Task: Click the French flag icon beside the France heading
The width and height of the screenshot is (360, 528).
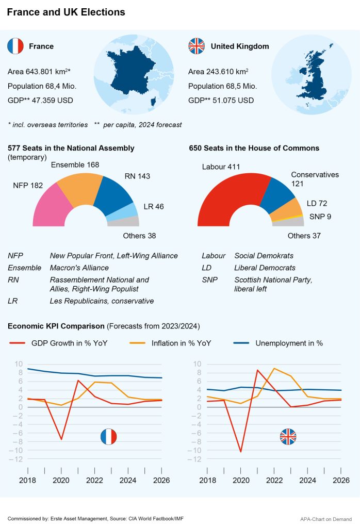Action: tap(15, 46)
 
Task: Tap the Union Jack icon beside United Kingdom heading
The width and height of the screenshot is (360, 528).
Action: tap(197, 46)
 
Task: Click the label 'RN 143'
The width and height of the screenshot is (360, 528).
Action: tap(137, 176)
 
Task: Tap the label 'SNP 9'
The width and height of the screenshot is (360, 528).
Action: tap(320, 217)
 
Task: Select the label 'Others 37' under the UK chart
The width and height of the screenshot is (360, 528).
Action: tap(304, 236)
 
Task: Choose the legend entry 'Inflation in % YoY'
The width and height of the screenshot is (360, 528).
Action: tap(181, 343)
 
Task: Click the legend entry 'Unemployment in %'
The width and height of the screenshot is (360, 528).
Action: tap(289, 343)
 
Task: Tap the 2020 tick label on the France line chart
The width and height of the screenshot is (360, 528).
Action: tap(61, 481)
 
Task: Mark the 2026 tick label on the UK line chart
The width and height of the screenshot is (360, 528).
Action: tap(340, 481)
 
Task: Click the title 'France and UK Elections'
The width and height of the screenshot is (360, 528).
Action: tap(66, 12)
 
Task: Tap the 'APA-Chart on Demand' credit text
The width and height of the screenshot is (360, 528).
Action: tap(326, 519)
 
